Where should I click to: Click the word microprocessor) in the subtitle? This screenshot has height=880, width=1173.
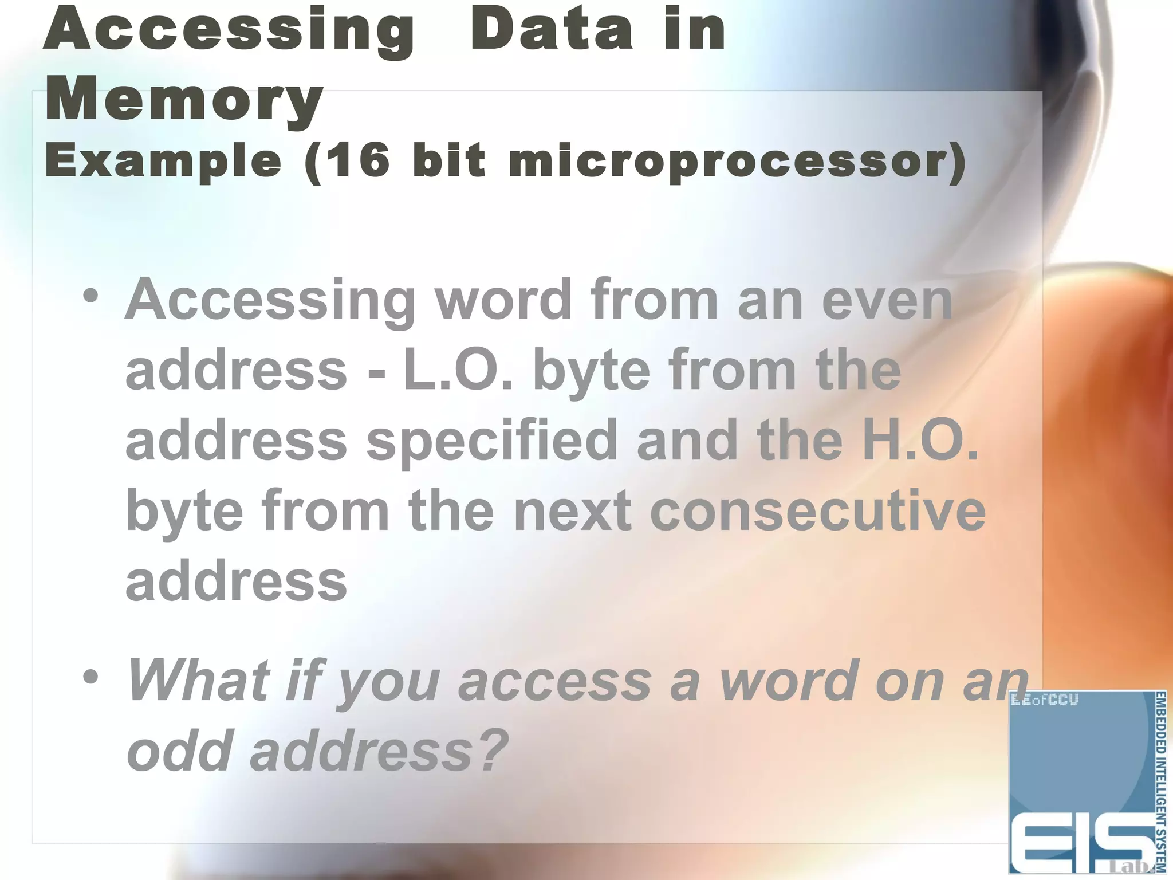(737, 162)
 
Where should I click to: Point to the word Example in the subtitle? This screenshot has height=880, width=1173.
(163, 162)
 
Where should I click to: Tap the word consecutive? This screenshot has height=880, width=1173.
(818, 510)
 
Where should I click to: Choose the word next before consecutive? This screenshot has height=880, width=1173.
(573, 510)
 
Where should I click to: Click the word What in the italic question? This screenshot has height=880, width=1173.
(198, 680)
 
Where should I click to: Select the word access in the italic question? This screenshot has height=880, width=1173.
(555, 680)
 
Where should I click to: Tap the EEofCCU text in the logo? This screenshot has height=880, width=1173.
(1045, 700)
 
